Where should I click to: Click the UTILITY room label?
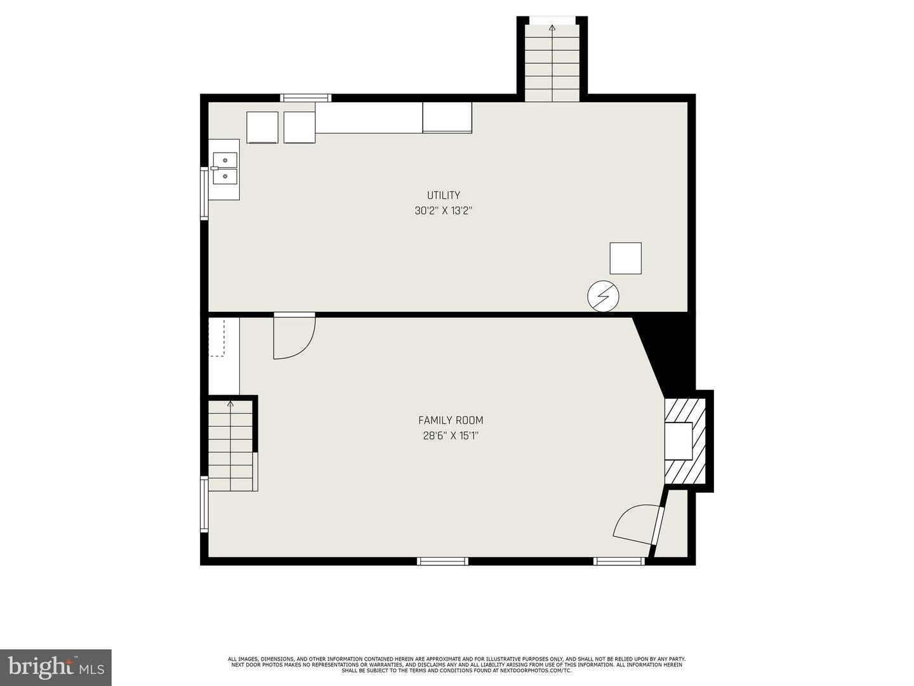point(443,195)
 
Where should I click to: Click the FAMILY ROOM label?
point(451,420)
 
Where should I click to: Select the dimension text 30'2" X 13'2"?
point(443,211)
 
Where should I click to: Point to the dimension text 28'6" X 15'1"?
point(451,436)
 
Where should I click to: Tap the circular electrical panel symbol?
point(603,295)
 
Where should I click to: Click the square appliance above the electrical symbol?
point(625,259)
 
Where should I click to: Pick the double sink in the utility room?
point(225,168)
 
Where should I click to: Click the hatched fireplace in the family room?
point(685,440)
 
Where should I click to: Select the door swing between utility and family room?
point(295,337)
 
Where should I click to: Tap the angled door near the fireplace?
point(638,524)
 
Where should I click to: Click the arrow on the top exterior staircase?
point(552,28)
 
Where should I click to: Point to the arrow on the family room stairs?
point(230,403)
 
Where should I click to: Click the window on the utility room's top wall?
point(306,98)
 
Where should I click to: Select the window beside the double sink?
point(204,193)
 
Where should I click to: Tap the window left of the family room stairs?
point(204,504)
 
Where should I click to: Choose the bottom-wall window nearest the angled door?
point(619,561)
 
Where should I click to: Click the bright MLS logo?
point(55,667)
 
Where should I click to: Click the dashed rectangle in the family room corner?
point(216,337)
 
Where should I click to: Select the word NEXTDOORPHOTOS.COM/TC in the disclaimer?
point(536,671)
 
